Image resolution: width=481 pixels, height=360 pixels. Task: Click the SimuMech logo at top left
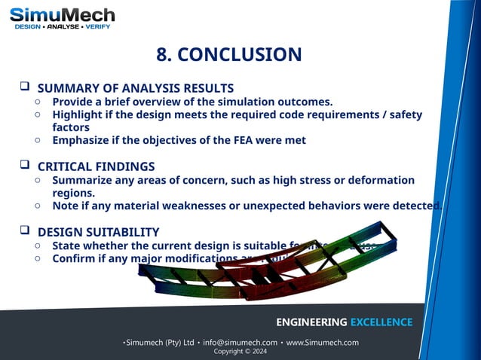tap(63, 15)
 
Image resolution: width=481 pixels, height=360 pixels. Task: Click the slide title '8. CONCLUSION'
tap(228, 54)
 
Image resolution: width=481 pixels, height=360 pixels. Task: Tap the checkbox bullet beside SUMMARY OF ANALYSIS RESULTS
tap(24, 87)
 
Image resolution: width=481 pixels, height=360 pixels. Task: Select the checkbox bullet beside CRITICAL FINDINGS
tap(24, 166)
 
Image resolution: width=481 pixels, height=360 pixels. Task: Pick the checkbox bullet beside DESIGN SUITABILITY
tap(24, 230)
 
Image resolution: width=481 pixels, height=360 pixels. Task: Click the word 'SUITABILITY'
tap(121, 232)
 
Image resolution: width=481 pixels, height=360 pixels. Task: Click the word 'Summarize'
tap(83, 180)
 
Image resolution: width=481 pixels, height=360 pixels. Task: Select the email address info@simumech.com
tap(240, 343)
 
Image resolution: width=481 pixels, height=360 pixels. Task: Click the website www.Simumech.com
tap(322, 343)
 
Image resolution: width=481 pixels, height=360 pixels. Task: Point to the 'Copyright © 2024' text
tap(240, 352)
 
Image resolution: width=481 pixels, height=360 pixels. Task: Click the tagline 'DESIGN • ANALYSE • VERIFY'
tap(63, 27)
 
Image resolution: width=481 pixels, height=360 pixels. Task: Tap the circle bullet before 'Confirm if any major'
tap(38, 258)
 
